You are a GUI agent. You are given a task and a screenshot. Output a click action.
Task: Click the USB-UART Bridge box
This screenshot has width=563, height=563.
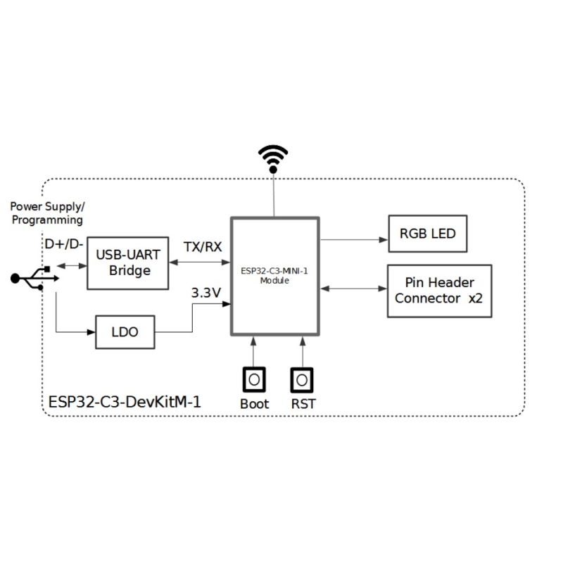[127, 262]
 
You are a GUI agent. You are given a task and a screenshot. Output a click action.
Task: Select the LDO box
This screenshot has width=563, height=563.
[125, 332]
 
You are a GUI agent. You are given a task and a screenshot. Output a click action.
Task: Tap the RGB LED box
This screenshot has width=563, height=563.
[428, 234]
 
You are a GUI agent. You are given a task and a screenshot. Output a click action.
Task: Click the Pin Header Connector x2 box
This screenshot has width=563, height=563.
[439, 291]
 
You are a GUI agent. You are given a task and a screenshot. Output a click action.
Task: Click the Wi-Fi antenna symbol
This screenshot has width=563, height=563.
[274, 158]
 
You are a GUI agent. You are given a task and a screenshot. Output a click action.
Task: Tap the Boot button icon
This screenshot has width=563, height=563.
[254, 380]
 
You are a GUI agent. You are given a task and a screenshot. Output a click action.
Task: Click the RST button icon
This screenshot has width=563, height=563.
[303, 380]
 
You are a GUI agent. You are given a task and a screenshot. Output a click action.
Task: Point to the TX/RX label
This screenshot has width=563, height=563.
[203, 247]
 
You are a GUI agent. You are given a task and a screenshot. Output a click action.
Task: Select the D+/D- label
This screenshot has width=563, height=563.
[63, 243]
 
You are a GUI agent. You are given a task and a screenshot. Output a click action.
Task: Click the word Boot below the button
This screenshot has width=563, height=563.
[254, 405]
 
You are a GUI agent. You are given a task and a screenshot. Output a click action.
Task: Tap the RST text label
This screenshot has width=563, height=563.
[303, 405]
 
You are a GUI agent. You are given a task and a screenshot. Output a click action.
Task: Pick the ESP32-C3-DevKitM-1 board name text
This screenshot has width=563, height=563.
[125, 403]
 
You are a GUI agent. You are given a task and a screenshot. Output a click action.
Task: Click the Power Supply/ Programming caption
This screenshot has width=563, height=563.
[47, 213]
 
